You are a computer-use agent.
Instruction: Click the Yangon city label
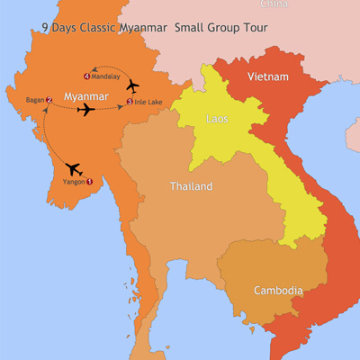click(x=73, y=182)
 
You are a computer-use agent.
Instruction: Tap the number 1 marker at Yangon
click(x=89, y=182)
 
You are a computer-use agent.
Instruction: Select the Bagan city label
click(x=35, y=100)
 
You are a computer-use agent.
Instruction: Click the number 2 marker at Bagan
click(x=49, y=100)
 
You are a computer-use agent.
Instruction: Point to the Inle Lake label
click(x=149, y=102)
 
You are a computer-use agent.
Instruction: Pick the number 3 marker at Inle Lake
click(x=130, y=102)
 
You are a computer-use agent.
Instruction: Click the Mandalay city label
click(x=108, y=76)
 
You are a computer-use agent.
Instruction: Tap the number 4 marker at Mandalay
click(x=87, y=76)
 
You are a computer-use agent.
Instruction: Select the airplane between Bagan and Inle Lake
click(x=86, y=110)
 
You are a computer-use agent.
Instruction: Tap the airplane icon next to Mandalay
click(x=134, y=85)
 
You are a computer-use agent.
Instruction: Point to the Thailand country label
click(x=191, y=187)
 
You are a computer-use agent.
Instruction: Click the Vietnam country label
click(x=270, y=77)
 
